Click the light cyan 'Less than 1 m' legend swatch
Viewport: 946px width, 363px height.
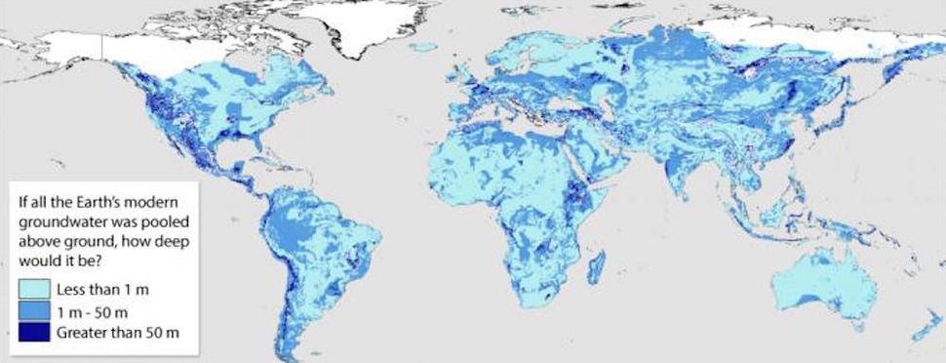(x=34, y=289)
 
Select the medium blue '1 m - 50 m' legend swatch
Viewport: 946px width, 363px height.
(x=34, y=311)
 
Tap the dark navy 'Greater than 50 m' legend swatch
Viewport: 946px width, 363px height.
(x=34, y=334)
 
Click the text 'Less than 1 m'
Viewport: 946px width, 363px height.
(x=98, y=289)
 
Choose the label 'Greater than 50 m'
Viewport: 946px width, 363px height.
(x=113, y=334)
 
